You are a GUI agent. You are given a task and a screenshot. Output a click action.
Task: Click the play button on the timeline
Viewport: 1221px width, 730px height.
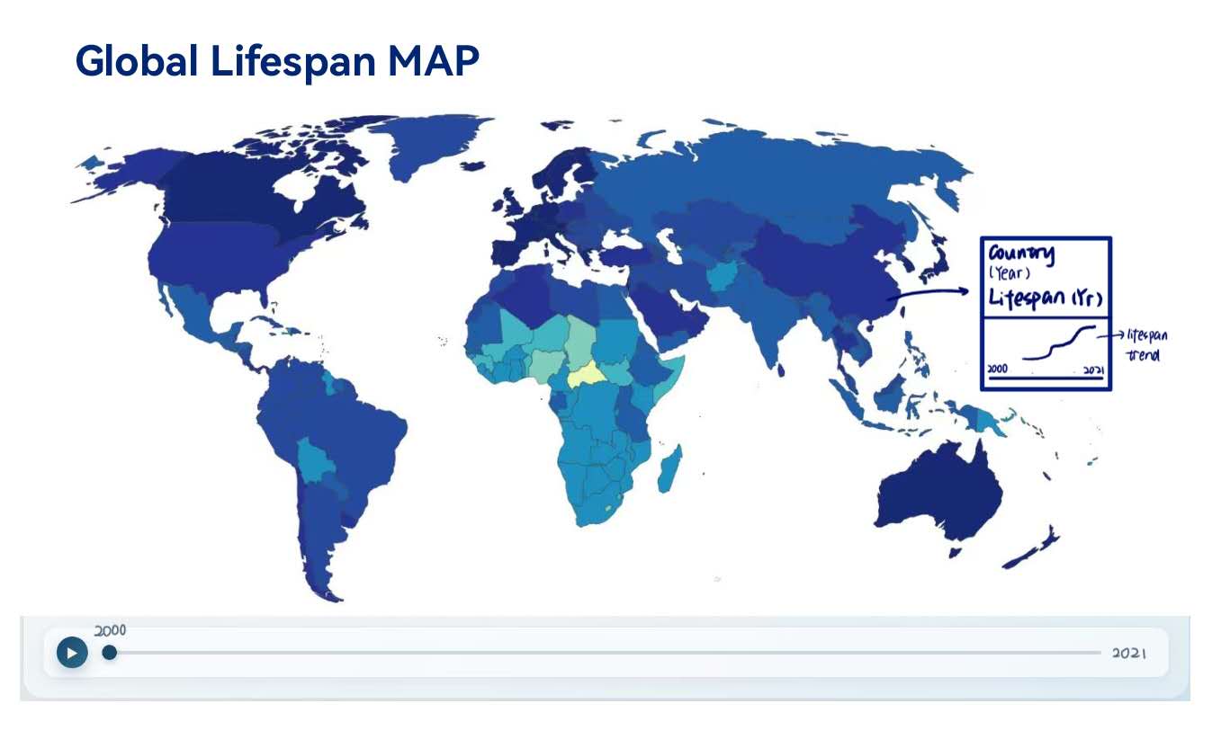click(x=72, y=652)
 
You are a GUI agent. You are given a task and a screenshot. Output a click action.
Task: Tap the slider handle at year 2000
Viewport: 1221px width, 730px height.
click(x=109, y=652)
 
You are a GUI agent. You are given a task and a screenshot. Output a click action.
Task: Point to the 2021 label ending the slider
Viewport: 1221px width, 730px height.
click(x=1128, y=653)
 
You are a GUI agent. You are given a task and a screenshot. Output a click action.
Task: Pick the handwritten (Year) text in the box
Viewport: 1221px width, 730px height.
click(x=1008, y=274)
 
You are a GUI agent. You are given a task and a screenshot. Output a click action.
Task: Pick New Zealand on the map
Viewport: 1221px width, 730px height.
click(x=1034, y=548)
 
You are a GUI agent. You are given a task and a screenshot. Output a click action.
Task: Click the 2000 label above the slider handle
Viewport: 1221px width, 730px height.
click(x=110, y=631)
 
